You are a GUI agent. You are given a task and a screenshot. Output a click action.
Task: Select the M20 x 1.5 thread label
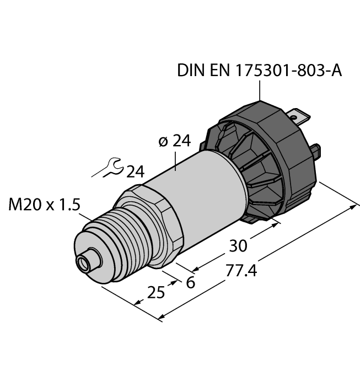pyautogui.click(x=45, y=205)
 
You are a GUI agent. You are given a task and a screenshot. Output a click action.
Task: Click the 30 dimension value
pyautogui.click(x=239, y=244)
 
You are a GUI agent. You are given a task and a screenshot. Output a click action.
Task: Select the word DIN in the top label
pyautogui.click(x=189, y=71)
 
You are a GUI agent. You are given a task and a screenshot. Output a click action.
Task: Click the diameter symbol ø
pyautogui.click(x=163, y=142)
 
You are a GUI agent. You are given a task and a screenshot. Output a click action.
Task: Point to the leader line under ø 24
pyautogui.click(x=176, y=161)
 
